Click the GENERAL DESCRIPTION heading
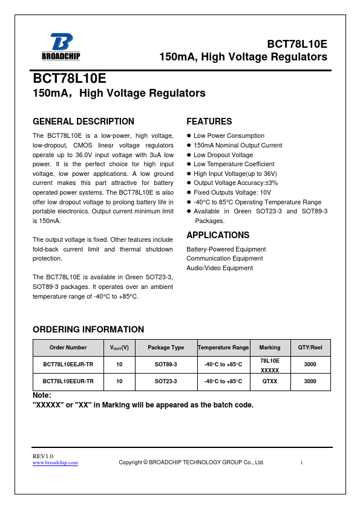pos(83,122)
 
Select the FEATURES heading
pos(209,122)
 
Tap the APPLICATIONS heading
pos(218,235)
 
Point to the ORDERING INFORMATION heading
pos(88,329)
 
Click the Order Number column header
pos(68,348)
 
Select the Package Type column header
pos(166,348)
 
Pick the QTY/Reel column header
pos(310,348)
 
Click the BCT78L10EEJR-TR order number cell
pos(68,365)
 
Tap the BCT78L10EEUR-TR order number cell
pos(68,382)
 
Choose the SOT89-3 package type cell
pos(166,365)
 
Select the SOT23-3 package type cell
pos(166,382)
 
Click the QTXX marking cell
pos(270,382)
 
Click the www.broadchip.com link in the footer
pos(55,463)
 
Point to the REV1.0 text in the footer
pos(43,455)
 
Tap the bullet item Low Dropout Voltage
pos(223,155)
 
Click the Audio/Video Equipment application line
pos(220,268)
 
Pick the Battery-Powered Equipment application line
pos(226,249)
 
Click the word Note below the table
pos(42,395)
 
